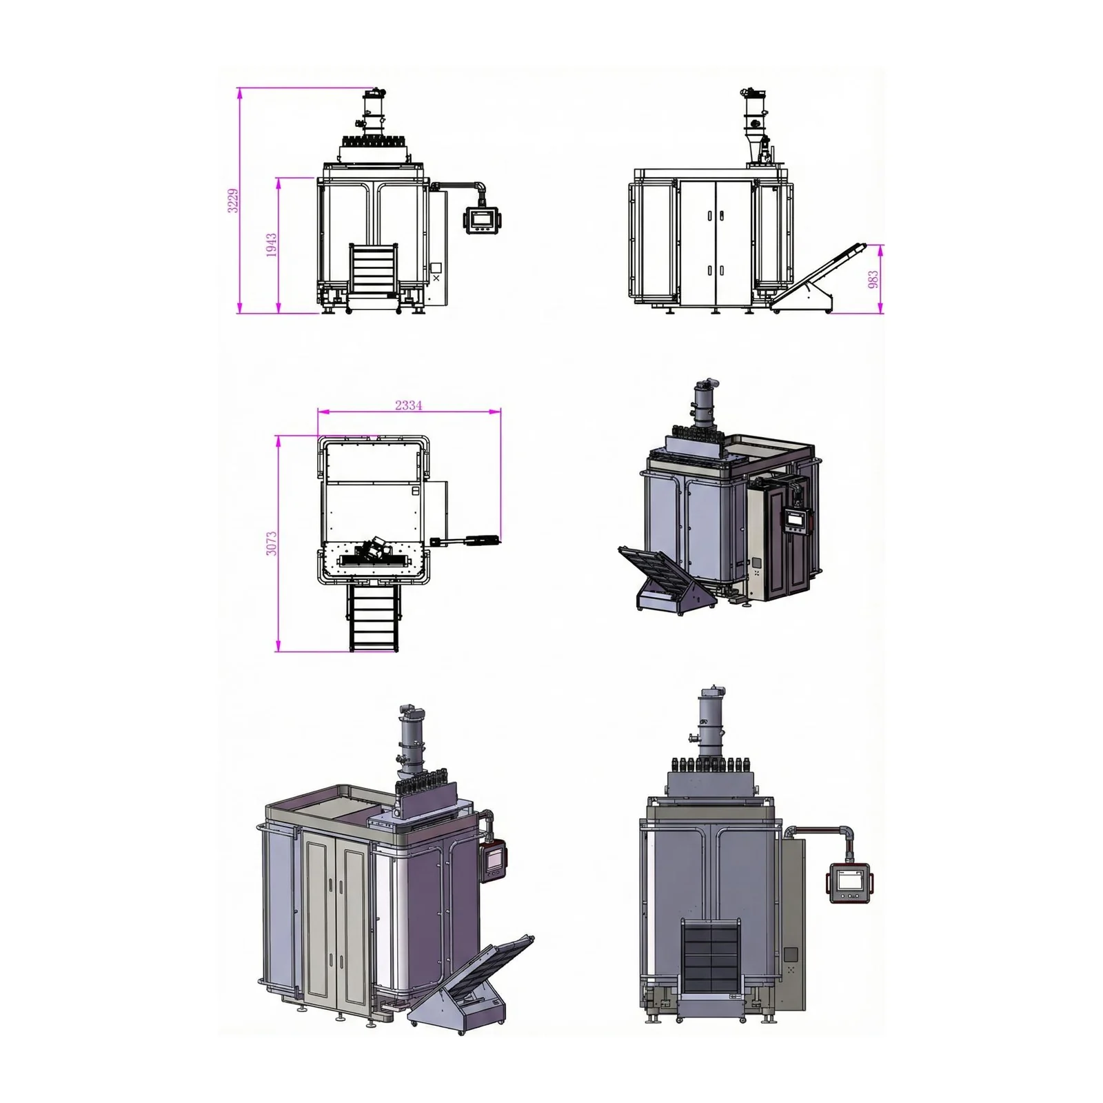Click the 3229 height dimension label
[234, 200]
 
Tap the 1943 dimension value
[272, 245]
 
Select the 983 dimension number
[873, 279]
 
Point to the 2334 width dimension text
[409, 405]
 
